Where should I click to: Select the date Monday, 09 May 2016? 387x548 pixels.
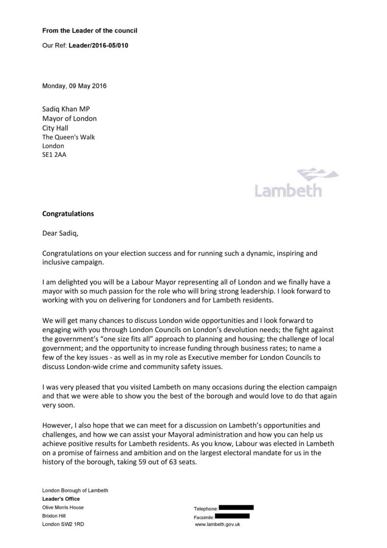74,86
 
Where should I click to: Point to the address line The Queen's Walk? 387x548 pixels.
69,137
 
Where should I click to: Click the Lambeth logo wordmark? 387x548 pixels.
288,190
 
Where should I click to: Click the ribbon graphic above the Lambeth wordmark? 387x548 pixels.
318,174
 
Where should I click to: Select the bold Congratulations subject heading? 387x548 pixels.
68,214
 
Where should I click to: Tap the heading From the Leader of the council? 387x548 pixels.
90,30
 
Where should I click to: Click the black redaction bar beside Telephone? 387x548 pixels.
236,507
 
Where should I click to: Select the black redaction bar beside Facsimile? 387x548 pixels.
232,516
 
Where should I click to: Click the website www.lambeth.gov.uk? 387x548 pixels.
217,524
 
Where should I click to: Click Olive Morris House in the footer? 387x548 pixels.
63,507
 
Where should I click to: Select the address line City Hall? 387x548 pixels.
55,128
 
